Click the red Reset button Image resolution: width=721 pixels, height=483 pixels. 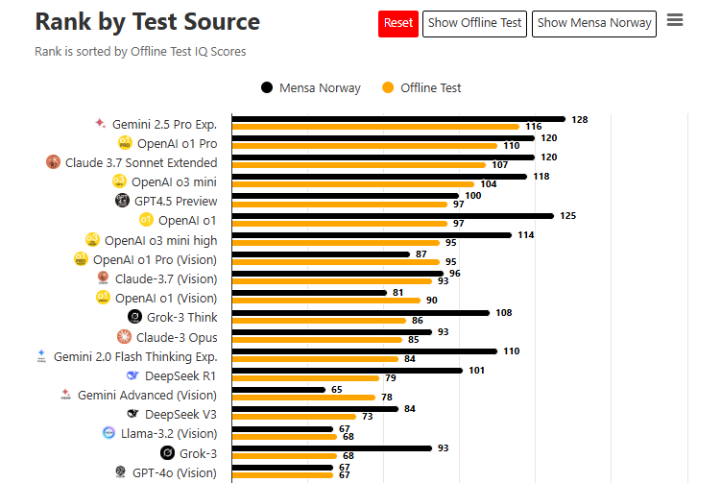397,23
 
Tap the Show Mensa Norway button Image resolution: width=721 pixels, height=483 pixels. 594,23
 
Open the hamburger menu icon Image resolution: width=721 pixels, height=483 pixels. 675,20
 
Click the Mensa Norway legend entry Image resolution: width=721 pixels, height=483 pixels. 310,87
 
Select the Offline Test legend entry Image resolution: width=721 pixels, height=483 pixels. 421,87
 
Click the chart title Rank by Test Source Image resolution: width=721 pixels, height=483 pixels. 147,21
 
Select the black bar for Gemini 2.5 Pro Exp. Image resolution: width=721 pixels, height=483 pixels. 397,119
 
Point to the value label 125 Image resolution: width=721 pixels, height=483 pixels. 567,216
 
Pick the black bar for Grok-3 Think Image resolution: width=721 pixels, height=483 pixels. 360,312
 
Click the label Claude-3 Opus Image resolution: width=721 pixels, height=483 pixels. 177,337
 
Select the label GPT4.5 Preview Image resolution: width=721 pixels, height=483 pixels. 176,202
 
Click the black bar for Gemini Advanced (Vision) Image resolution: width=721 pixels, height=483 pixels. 278,389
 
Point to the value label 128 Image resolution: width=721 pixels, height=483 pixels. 579,120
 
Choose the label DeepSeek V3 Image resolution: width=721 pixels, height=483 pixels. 180,414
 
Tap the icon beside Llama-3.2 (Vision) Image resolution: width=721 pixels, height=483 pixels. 108,433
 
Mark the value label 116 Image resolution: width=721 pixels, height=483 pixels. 534,127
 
